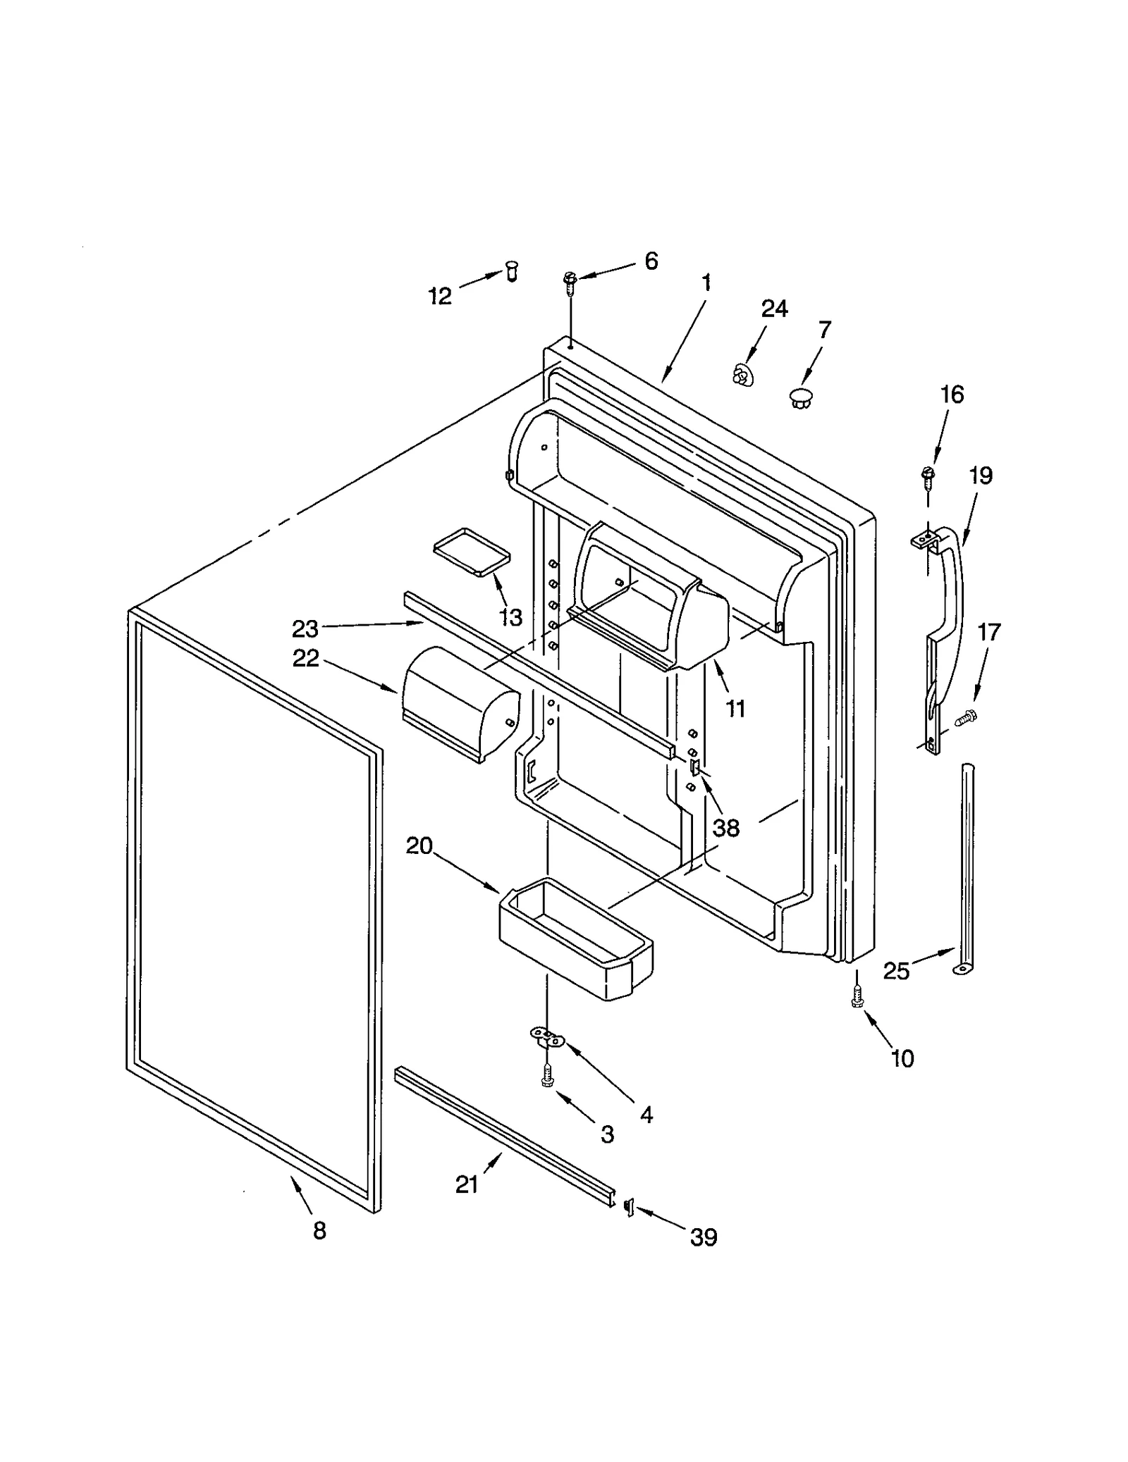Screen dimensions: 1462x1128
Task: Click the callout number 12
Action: [x=440, y=297]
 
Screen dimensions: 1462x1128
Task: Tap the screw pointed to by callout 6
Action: [x=569, y=281]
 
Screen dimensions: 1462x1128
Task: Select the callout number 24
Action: [x=774, y=309]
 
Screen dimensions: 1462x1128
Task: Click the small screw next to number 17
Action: [x=963, y=719]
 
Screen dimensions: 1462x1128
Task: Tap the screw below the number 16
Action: [x=928, y=476]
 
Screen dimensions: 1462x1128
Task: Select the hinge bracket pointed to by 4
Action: [x=547, y=1036]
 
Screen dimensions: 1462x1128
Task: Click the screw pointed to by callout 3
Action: [x=546, y=1075]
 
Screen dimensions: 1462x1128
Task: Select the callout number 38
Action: [x=725, y=828]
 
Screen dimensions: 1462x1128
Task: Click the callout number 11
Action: [x=735, y=708]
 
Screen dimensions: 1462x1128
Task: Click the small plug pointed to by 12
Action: [x=513, y=270]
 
